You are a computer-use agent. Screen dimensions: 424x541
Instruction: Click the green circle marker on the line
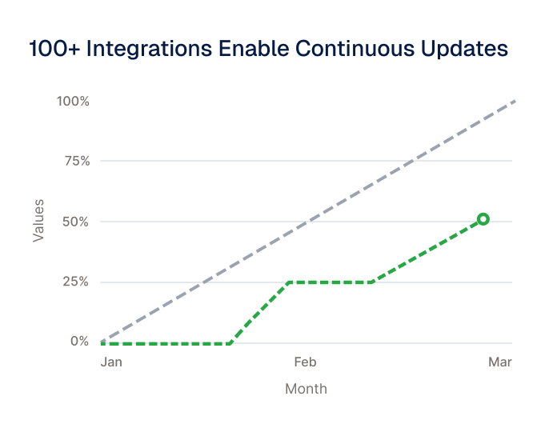pos(483,219)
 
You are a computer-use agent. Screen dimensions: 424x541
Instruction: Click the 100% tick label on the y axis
pos(73,102)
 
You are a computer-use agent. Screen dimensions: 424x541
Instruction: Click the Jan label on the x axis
pos(111,362)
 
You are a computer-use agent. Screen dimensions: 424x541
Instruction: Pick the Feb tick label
pos(305,362)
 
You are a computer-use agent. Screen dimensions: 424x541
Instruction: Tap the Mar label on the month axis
pos(500,362)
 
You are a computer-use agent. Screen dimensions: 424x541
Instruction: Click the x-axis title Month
pos(306,389)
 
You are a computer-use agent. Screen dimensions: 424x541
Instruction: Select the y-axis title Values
pos(38,221)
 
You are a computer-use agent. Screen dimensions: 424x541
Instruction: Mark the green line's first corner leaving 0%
pos(230,344)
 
